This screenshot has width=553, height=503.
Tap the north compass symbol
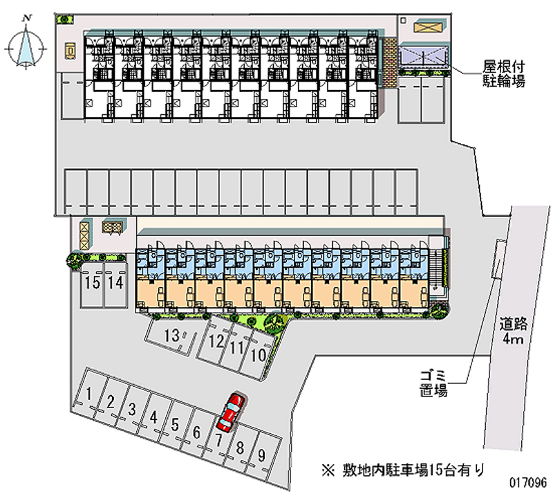(26, 46)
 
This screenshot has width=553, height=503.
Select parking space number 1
(90, 394)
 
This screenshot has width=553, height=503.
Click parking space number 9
(262, 455)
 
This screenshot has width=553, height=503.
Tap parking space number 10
(258, 356)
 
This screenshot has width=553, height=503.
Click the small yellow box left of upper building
(71, 51)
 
